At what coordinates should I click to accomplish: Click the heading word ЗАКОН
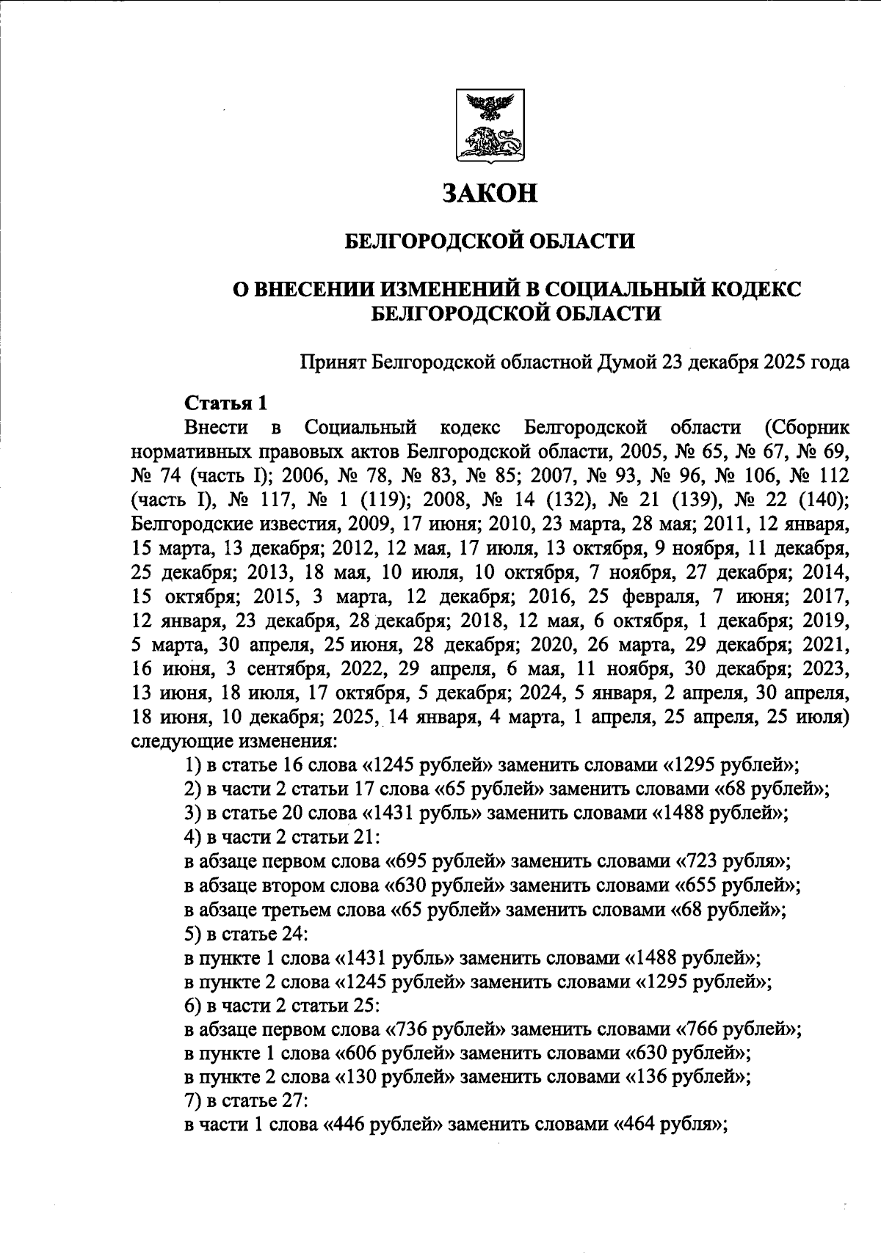tap(490, 193)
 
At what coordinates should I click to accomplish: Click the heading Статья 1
tap(225, 403)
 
